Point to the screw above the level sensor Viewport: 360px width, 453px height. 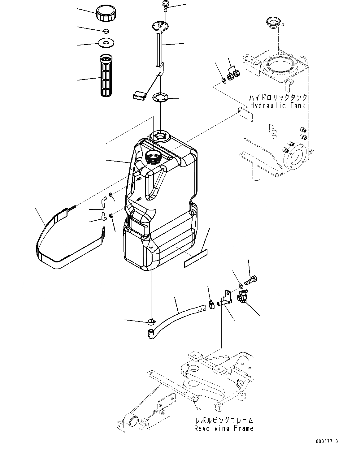(165, 6)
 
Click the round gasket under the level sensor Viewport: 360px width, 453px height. (161, 97)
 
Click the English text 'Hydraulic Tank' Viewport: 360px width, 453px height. (278, 106)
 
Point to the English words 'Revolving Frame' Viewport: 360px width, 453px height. (223, 428)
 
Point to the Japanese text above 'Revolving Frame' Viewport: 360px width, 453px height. (224, 420)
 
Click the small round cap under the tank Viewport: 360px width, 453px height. (151, 321)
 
